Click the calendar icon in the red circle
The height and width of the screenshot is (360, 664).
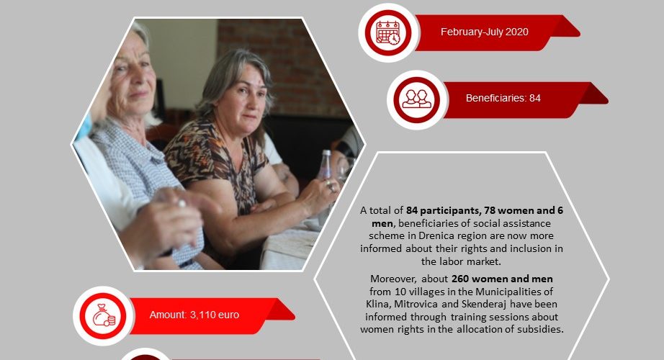(x=388, y=32)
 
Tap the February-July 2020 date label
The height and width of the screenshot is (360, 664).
(x=485, y=32)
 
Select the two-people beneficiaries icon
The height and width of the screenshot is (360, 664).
(x=417, y=99)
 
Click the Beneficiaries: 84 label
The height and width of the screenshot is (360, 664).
(x=503, y=98)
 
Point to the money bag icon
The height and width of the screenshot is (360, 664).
(x=103, y=315)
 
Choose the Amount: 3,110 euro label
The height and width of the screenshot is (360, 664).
(x=194, y=315)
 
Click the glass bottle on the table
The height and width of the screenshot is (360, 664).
(x=325, y=165)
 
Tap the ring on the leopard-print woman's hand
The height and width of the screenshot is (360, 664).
(x=331, y=186)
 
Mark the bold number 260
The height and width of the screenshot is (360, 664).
(x=460, y=279)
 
